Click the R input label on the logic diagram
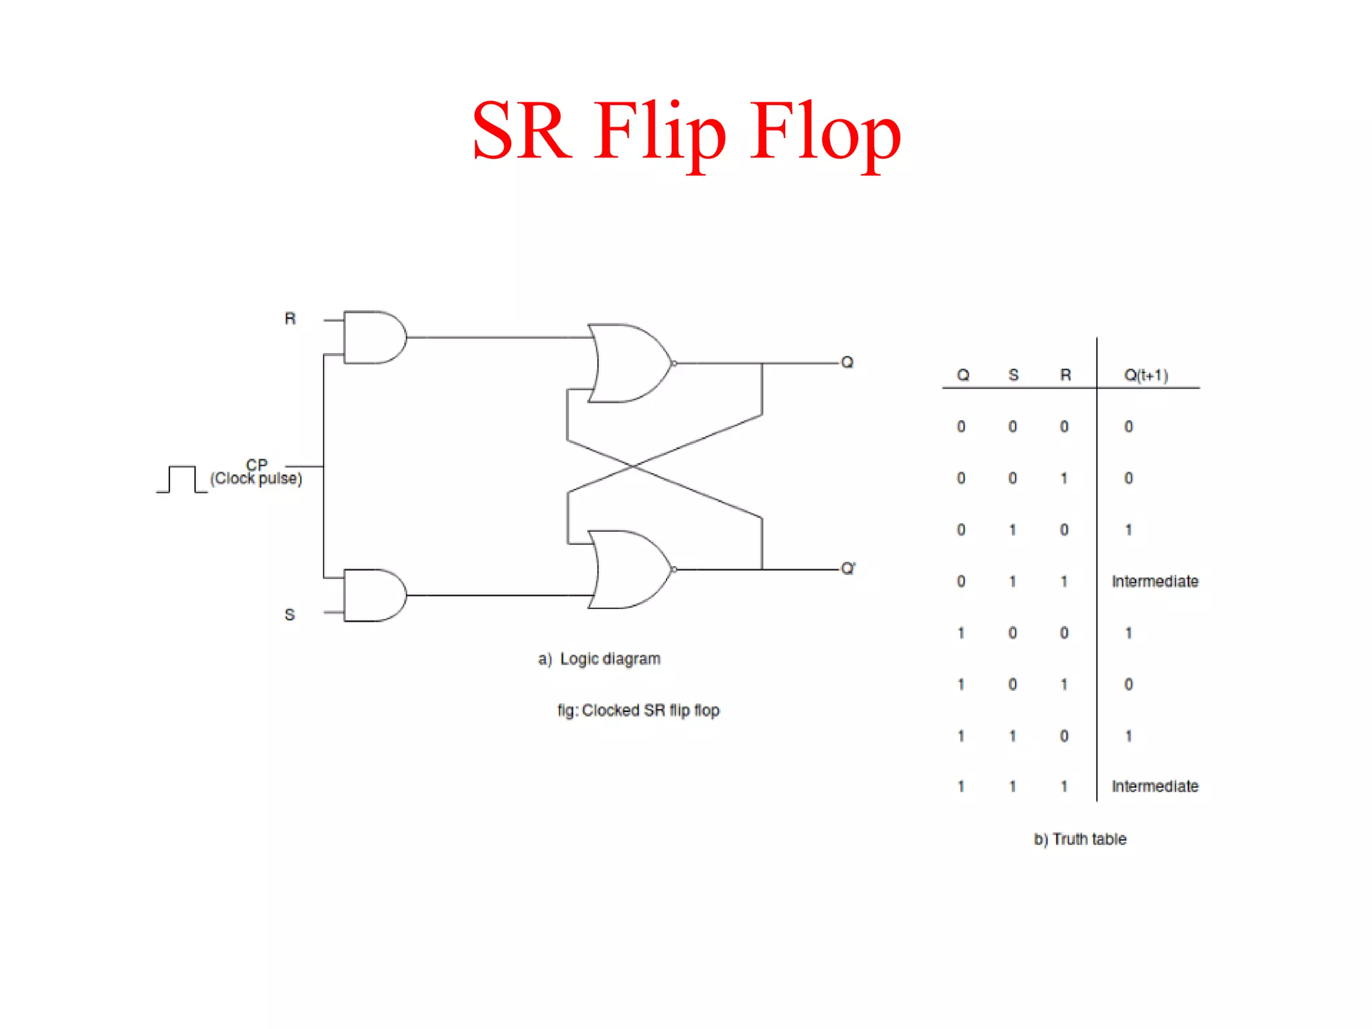[x=290, y=319]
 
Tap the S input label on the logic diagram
[x=289, y=614]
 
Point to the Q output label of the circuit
[x=847, y=362]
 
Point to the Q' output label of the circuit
[x=848, y=569]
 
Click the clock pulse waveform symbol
[x=182, y=480]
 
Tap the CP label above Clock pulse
[x=257, y=464]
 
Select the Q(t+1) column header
[x=1146, y=375]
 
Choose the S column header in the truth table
[x=1013, y=375]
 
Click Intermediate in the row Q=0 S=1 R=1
[x=1155, y=581]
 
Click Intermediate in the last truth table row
[x=1155, y=786]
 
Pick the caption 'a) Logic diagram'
[x=600, y=659]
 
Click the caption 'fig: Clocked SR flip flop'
[x=638, y=711]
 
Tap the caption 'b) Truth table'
[x=1080, y=839]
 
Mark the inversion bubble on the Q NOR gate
[x=674, y=363]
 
